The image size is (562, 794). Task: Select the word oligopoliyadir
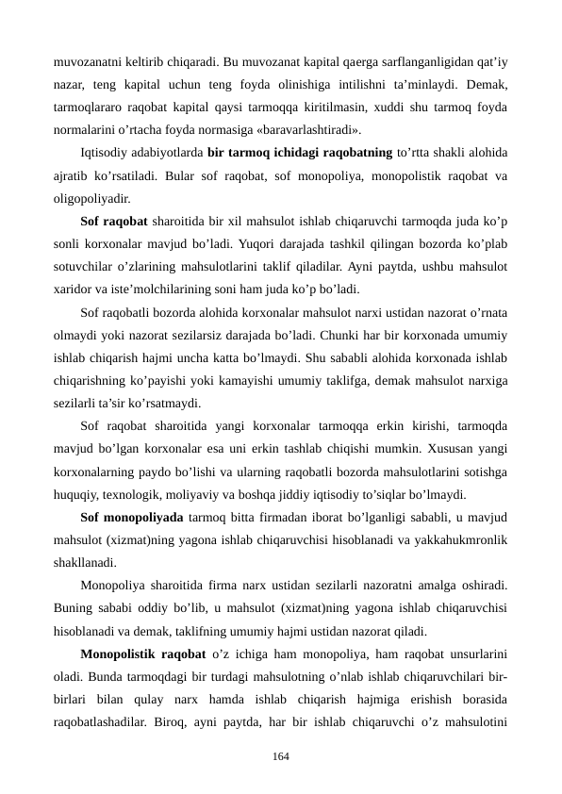pos(92,199)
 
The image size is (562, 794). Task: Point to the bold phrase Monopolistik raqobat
pos(143,653)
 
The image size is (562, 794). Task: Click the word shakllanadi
pos(85,562)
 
